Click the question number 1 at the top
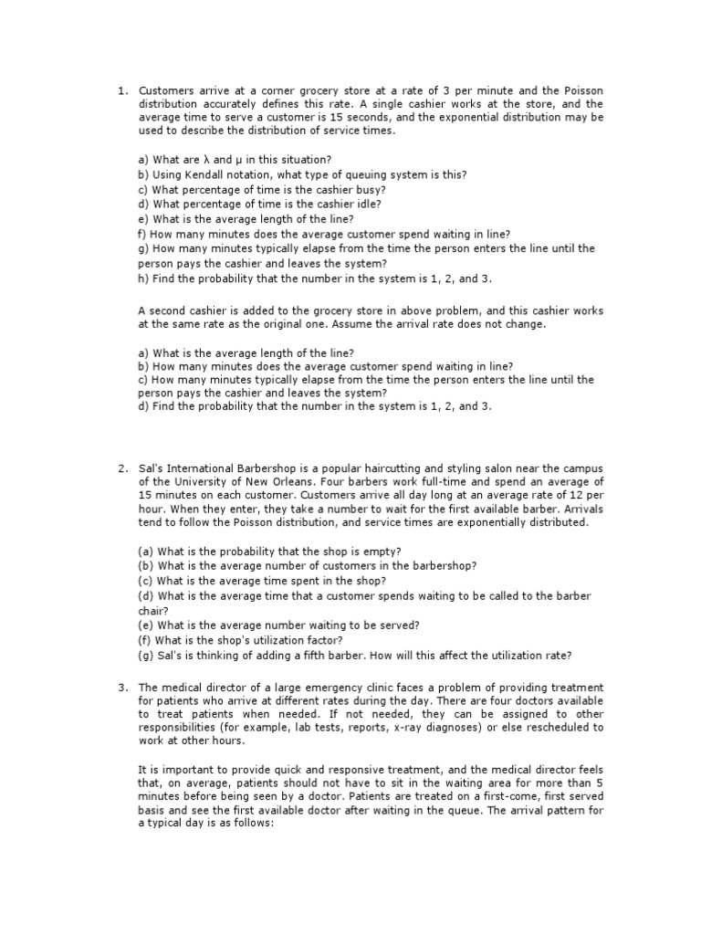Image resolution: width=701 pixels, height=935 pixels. (x=120, y=91)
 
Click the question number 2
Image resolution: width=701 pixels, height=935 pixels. (x=120, y=469)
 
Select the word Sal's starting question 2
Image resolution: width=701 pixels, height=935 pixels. (x=152, y=469)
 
